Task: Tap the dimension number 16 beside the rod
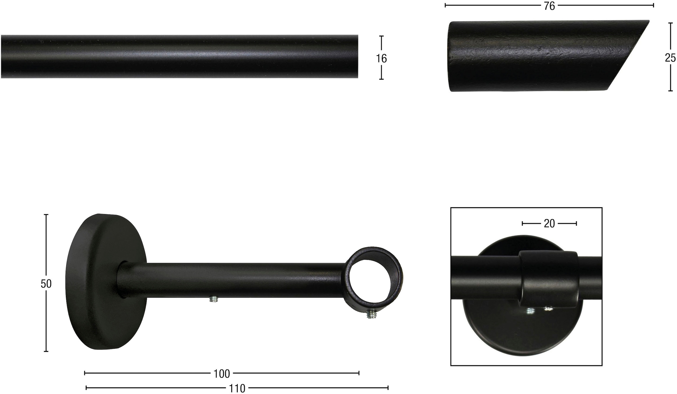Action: tap(381, 58)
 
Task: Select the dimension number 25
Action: tap(671, 58)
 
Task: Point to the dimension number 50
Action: tap(46, 284)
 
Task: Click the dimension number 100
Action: tap(222, 374)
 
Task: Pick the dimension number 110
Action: tap(237, 389)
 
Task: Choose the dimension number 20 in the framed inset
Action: tap(549, 224)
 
